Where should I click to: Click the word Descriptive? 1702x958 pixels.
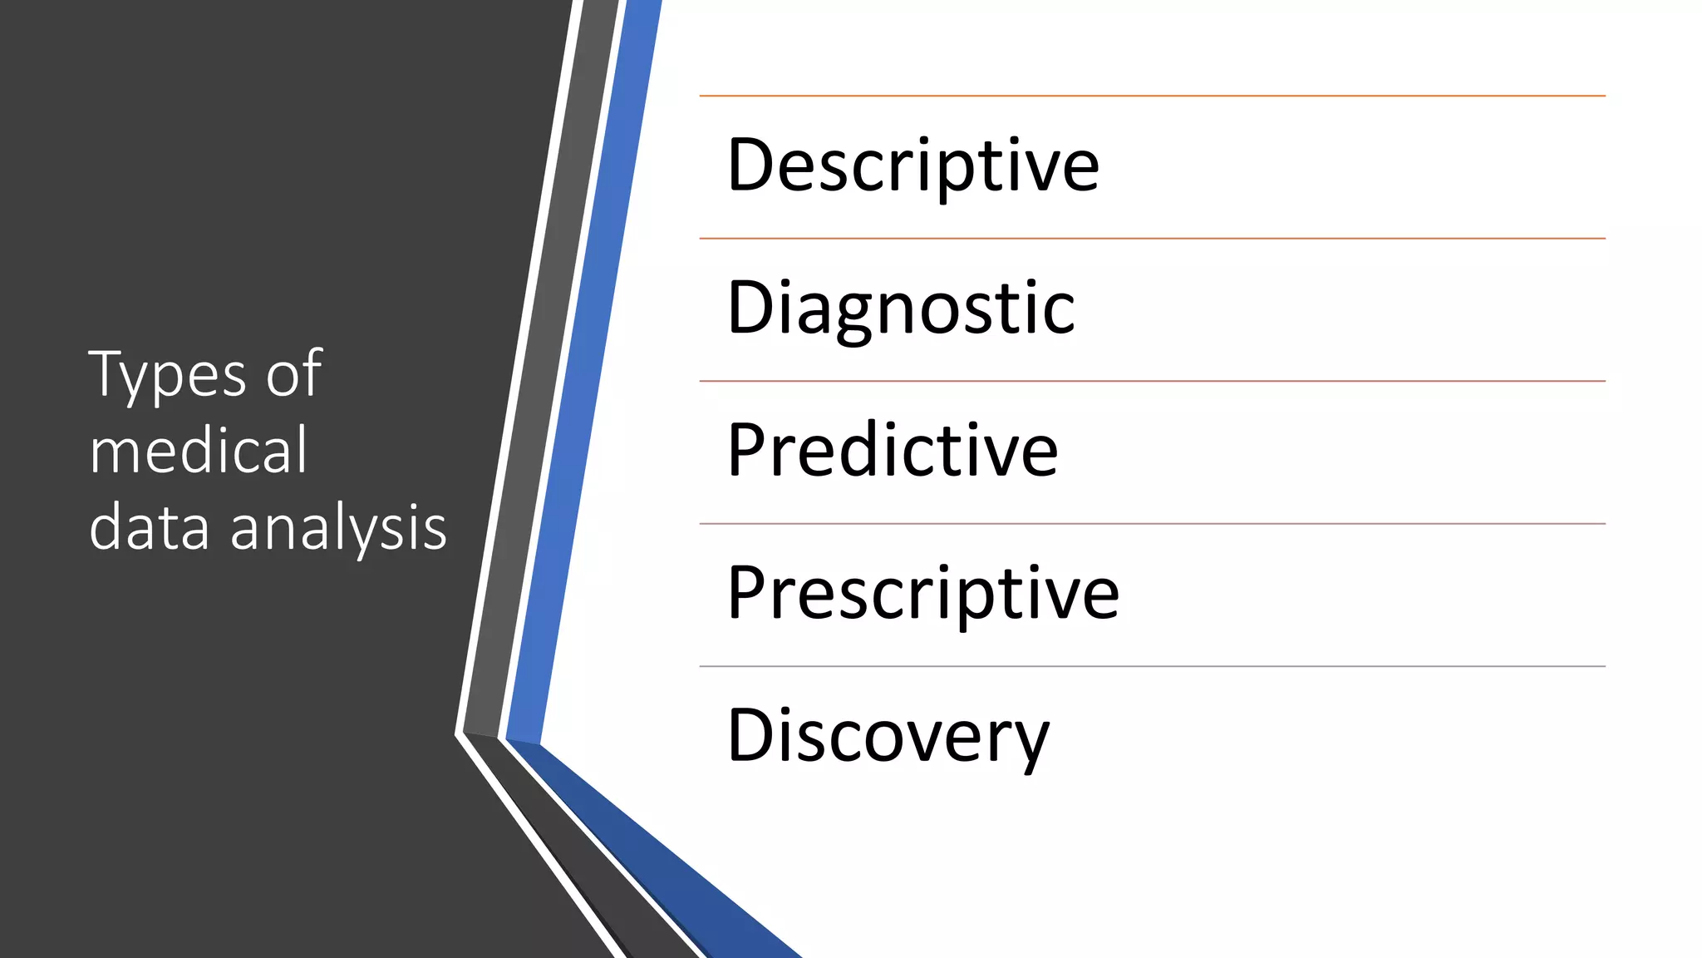coord(912,165)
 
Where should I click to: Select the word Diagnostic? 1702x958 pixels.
coord(901,309)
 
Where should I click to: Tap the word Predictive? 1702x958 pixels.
coord(893,451)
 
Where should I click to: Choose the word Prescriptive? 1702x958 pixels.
coord(922,594)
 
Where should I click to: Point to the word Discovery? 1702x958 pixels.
coord(888,736)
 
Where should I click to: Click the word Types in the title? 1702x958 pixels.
coord(167,376)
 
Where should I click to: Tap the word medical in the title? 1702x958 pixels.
coord(199,451)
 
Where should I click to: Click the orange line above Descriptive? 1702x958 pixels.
coord(1152,96)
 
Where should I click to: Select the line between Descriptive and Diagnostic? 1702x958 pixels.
coord(1152,239)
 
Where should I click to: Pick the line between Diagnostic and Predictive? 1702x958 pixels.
coord(1152,382)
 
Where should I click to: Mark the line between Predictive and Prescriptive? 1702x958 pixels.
coord(1152,524)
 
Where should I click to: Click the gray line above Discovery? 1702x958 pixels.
coord(1152,667)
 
